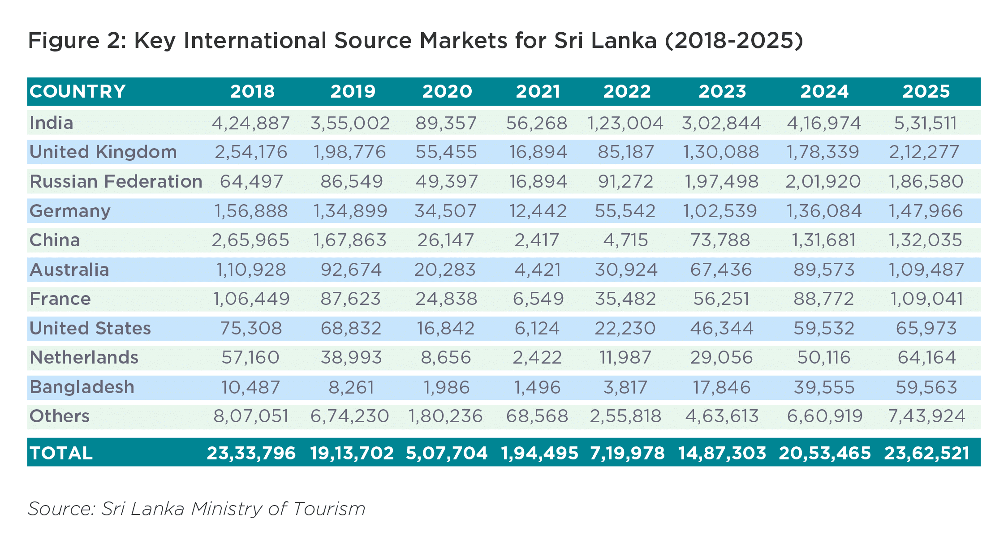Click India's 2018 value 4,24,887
[x=251, y=123]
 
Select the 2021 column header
[x=538, y=91]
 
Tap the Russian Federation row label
[x=116, y=181]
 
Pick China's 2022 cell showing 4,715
[x=625, y=240]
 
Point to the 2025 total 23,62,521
[x=926, y=453]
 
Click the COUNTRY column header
[x=78, y=91]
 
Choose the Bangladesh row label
[x=82, y=387]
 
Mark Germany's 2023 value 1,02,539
[x=720, y=211]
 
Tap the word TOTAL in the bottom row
[x=61, y=453]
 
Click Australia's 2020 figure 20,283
[x=445, y=270]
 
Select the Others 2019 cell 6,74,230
[x=350, y=416]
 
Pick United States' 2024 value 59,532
[x=824, y=328]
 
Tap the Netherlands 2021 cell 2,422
[x=537, y=358]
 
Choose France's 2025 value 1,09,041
[x=926, y=299]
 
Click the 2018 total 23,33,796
[x=251, y=453]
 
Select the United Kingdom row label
[x=103, y=152]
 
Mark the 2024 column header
[x=824, y=91]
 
